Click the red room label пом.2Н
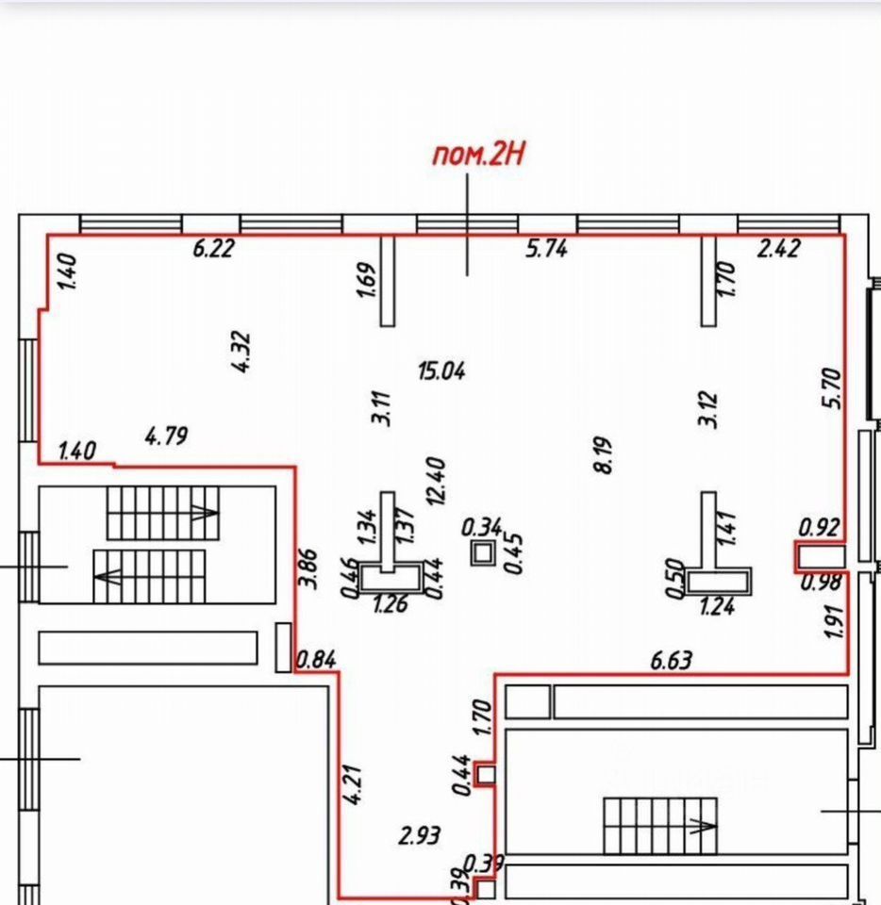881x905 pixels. [x=477, y=155]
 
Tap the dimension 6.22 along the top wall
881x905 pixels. [x=213, y=249]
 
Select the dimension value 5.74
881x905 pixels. [x=546, y=250]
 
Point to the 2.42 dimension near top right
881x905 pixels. [x=779, y=249]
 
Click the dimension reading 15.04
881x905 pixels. [x=441, y=370]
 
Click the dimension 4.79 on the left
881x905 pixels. [x=167, y=436]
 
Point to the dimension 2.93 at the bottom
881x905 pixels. [x=419, y=835]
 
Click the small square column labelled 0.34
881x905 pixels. [x=483, y=553]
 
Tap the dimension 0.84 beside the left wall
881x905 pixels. [x=316, y=660]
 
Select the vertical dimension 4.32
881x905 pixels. [x=242, y=351]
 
